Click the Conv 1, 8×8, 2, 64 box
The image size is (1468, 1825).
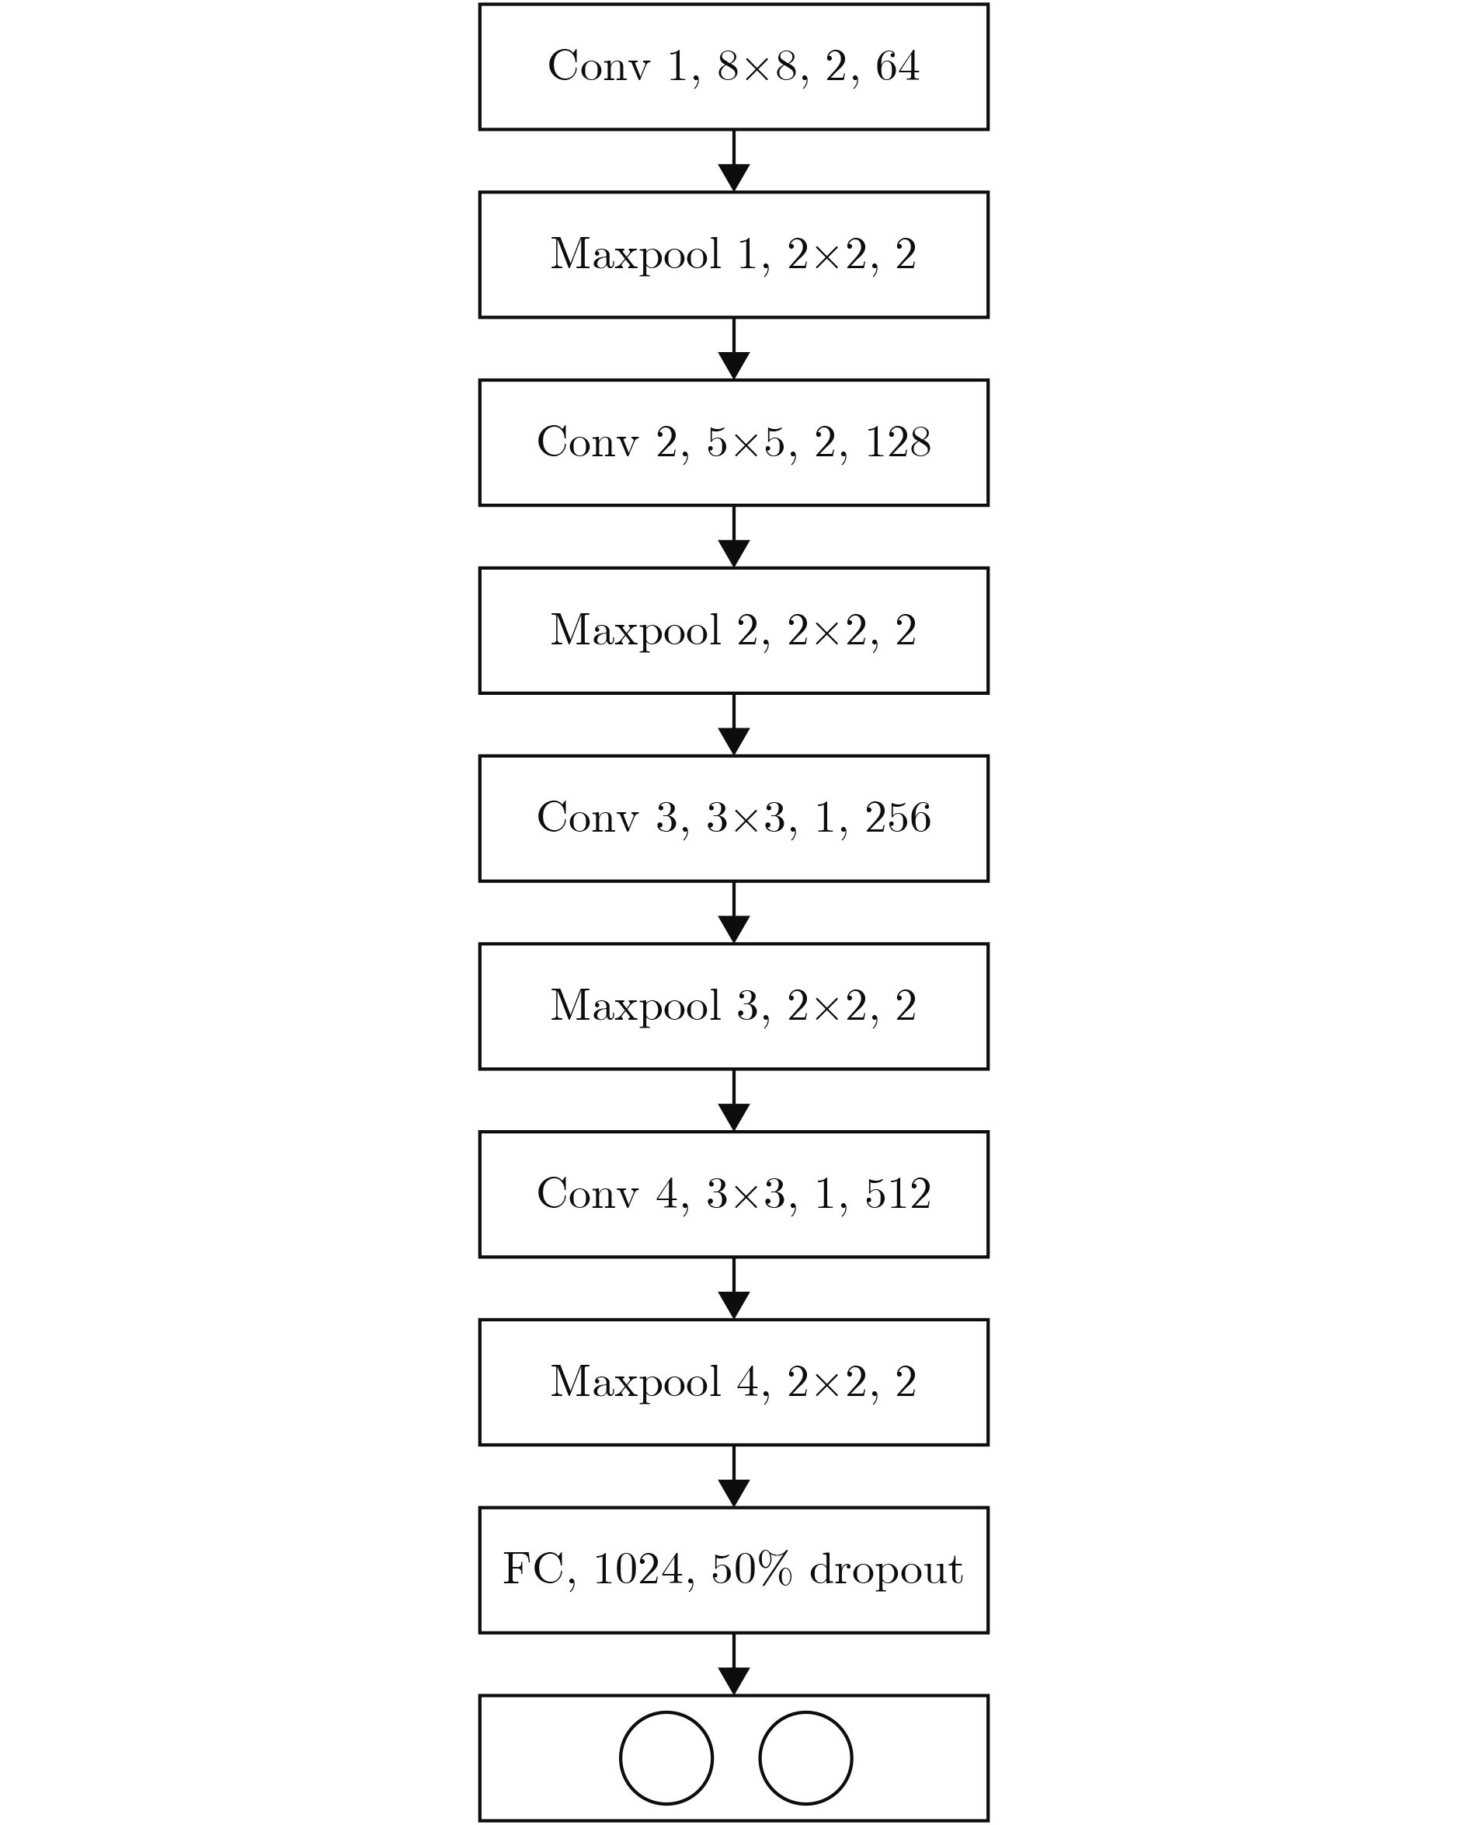[733, 67]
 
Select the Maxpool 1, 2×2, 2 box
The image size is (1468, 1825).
[733, 255]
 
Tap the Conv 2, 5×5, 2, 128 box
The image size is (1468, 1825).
[733, 443]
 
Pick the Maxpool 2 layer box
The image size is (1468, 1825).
[733, 630]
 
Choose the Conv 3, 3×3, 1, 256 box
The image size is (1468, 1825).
[733, 818]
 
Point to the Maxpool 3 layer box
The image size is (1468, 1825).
[733, 1007]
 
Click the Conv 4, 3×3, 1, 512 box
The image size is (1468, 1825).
[733, 1195]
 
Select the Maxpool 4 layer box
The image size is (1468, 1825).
[733, 1382]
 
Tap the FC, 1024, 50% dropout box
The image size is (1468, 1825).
[733, 1570]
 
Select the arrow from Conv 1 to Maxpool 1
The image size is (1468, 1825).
[733, 161]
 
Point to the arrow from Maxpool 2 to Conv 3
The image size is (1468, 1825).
[733, 724]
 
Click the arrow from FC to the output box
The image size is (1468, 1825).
[733, 1664]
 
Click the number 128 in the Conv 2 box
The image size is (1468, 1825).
[898, 441]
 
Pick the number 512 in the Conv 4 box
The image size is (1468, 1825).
[898, 1194]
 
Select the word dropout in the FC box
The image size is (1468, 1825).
[886, 1570]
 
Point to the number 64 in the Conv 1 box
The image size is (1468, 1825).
[898, 66]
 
